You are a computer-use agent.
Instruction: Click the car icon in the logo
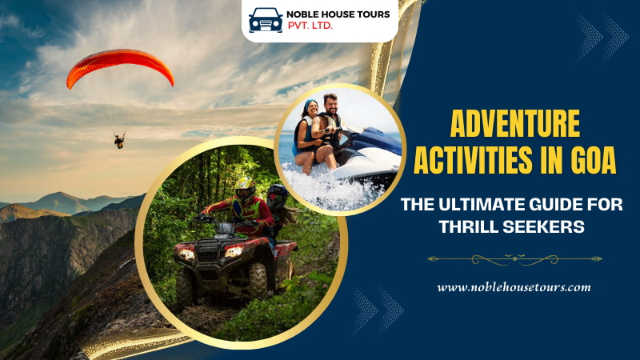265,19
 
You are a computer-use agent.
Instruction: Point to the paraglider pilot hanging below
119,141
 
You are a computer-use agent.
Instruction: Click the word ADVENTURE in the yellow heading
514,126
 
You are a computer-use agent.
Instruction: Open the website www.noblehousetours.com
514,286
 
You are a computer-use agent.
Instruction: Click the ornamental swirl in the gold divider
514,258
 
